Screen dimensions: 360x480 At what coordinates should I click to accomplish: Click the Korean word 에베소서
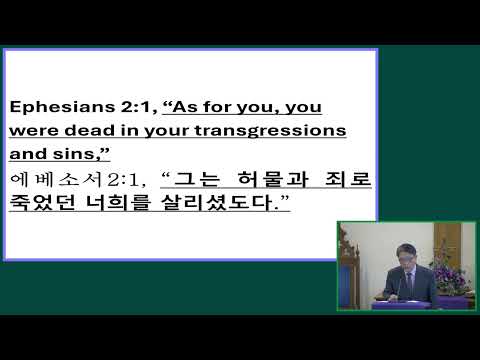41,180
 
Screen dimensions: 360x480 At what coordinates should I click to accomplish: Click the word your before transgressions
170,130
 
